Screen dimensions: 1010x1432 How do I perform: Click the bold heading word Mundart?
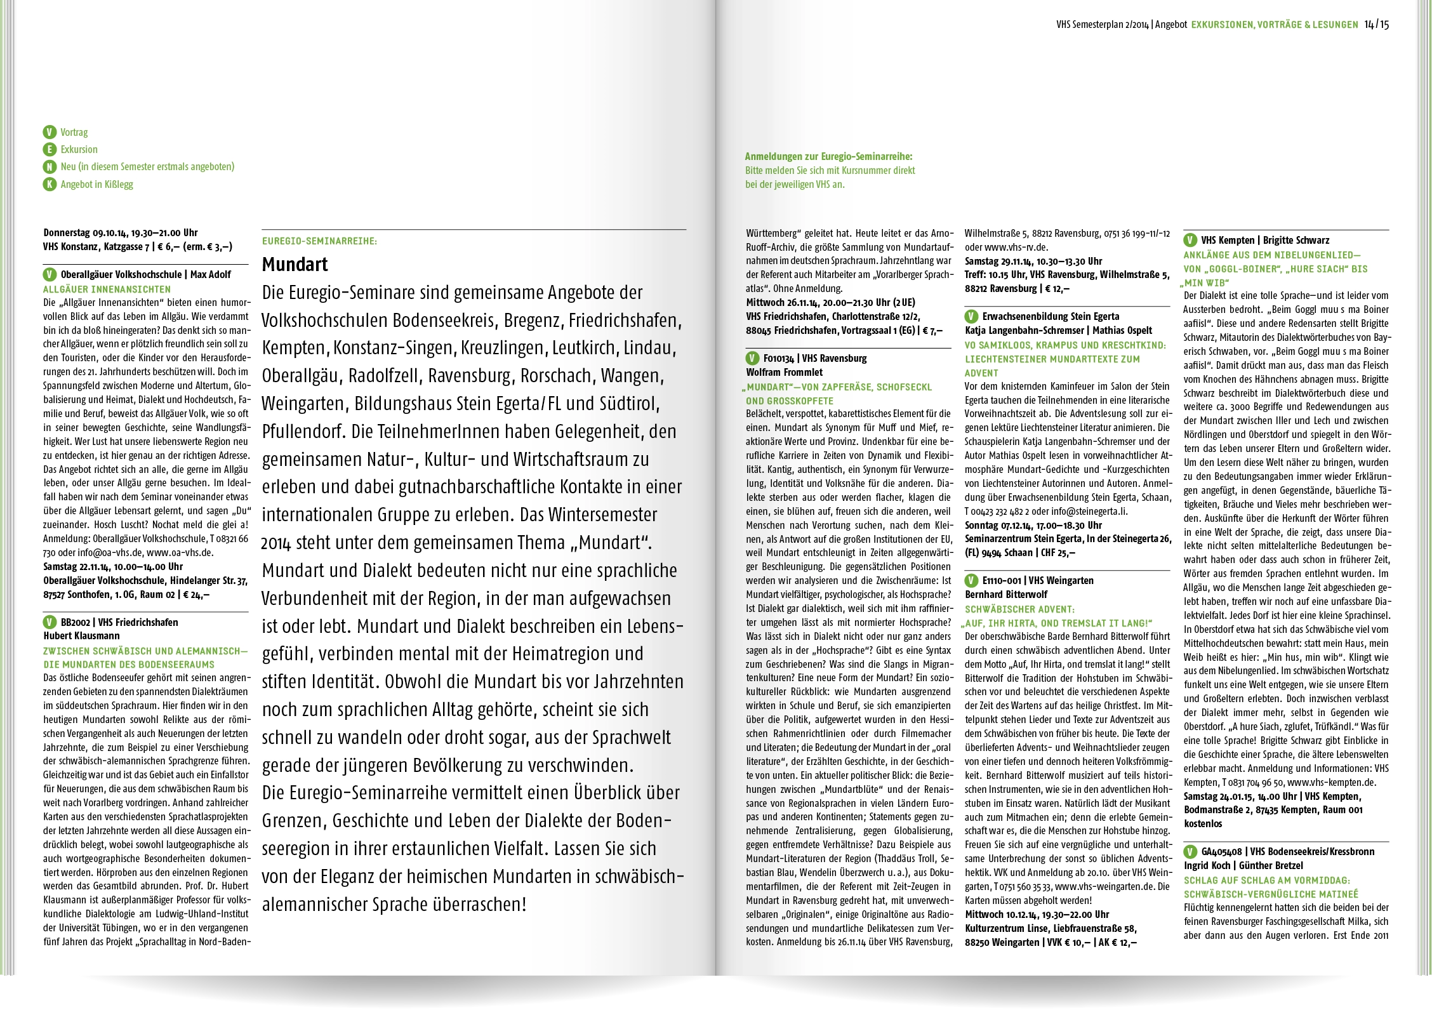click(295, 264)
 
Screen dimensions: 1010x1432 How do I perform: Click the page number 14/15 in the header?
click(1376, 25)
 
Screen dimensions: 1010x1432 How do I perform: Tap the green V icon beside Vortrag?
click(50, 132)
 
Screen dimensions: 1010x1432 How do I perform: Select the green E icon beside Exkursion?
click(50, 150)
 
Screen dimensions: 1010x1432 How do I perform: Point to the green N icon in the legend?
click(50, 167)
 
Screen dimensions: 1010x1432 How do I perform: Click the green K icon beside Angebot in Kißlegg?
click(50, 185)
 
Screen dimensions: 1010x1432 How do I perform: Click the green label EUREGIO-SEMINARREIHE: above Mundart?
click(319, 241)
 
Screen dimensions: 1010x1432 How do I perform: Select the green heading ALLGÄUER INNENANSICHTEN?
click(107, 289)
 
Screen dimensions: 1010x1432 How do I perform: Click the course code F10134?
click(779, 358)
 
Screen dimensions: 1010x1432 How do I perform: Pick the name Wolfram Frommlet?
click(784, 372)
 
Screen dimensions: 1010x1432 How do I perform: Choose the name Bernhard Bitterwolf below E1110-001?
click(1006, 594)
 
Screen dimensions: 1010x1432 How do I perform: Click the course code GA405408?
click(1222, 852)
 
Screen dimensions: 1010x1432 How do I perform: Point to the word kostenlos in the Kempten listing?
click(1203, 823)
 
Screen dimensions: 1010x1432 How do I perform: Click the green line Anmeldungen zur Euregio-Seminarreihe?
click(828, 156)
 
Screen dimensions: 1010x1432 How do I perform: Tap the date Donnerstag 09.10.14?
click(81, 232)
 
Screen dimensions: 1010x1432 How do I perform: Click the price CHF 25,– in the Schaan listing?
click(1058, 552)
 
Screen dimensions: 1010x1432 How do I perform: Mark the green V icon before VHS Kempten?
click(1190, 240)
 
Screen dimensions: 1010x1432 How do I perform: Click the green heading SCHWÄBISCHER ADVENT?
click(1019, 609)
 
